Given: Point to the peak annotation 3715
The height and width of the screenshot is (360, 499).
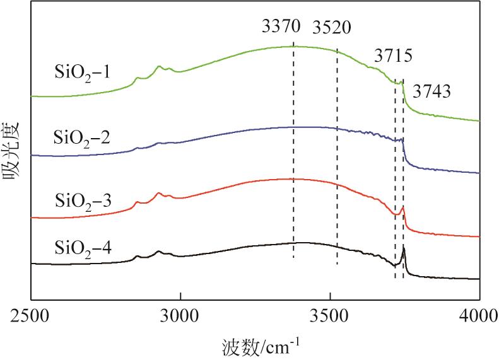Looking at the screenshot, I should tap(393, 56).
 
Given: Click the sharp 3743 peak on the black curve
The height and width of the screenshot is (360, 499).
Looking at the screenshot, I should tap(404, 249).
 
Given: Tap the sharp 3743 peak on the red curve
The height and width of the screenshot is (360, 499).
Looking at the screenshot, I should tap(403, 207).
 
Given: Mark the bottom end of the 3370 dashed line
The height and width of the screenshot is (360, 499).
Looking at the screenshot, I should tap(293, 258).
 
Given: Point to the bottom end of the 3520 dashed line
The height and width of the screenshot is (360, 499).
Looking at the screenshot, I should tap(337, 265).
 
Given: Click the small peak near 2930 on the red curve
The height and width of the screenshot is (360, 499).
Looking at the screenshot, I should tap(159, 193).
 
